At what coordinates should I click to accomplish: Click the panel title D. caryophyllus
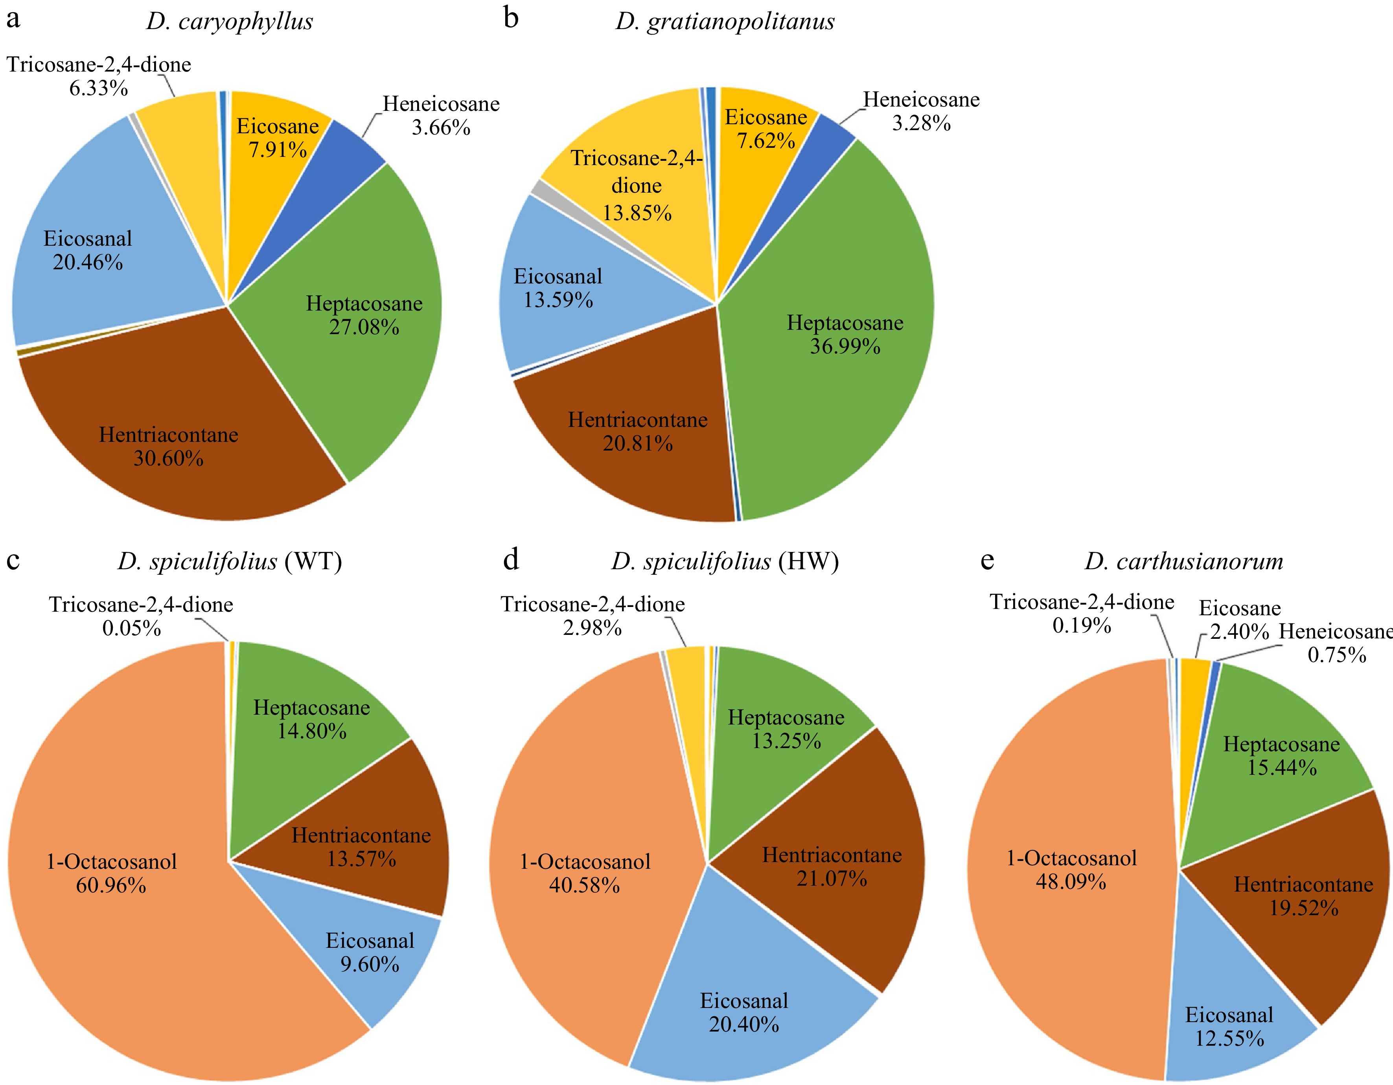coord(230,22)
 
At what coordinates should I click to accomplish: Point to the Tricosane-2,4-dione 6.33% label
coord(99,76)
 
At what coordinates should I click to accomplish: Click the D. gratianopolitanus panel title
coord(725,22)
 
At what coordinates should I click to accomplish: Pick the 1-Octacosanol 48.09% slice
coord(1071,906)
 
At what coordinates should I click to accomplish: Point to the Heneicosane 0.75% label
coord(1336,643)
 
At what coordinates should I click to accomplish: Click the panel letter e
coord(987,560)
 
